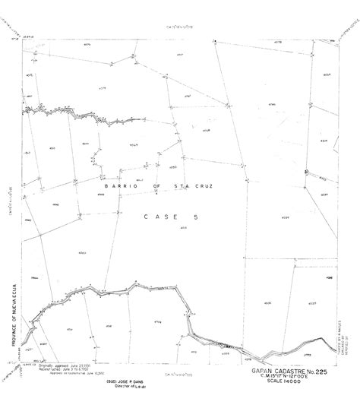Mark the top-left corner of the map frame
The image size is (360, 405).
(23, 36)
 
